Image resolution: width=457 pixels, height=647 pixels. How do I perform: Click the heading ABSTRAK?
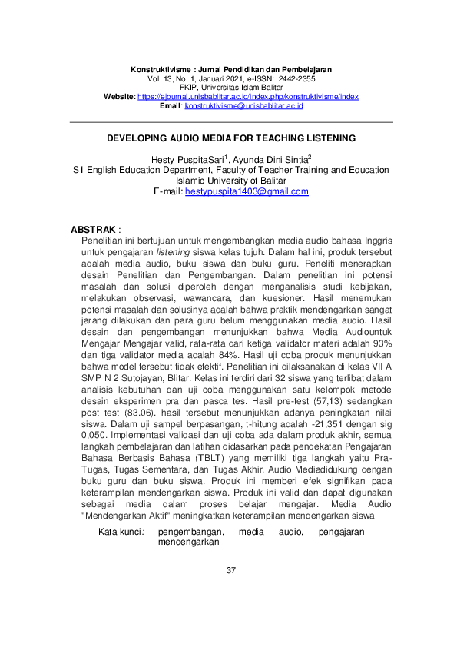(93, 230)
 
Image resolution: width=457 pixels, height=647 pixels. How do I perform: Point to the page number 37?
(230, 570)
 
